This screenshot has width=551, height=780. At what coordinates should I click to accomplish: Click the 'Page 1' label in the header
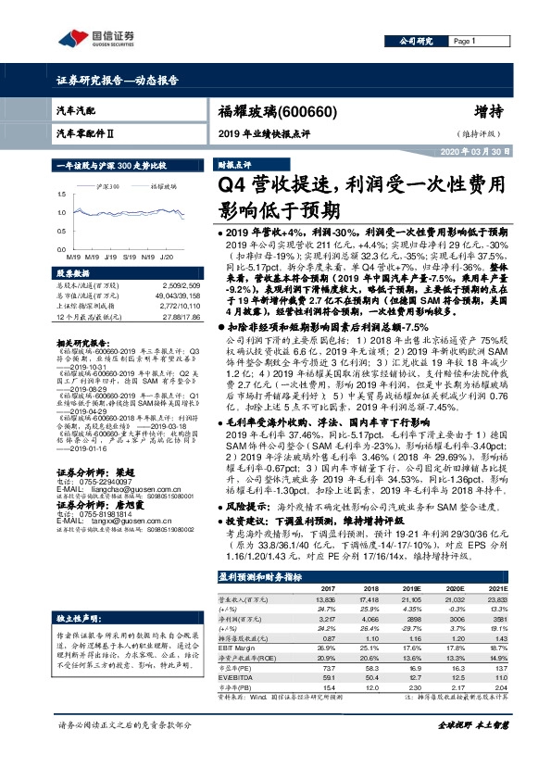tap(463, 42)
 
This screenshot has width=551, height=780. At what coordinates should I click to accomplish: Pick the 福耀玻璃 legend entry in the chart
tap(163, 185)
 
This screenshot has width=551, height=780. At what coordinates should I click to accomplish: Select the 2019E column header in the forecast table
tap(415, 615)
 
